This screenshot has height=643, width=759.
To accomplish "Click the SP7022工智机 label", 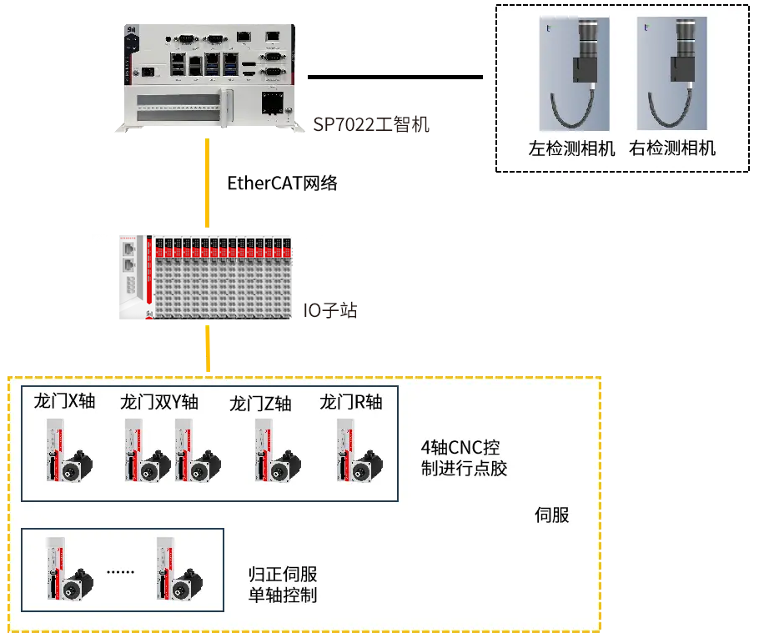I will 371,125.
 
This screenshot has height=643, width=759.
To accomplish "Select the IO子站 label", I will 331,311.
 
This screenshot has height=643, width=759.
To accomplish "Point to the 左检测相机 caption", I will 572,149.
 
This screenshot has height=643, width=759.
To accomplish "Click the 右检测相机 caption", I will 672,149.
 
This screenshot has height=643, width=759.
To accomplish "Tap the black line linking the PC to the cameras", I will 395,78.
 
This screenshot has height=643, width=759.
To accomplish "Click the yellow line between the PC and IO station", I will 208,183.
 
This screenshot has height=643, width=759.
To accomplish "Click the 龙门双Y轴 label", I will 159,402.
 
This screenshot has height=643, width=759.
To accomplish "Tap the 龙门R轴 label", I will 350,402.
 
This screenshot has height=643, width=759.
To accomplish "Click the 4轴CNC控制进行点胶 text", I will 464,457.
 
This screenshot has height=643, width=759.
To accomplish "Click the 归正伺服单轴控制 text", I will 283,585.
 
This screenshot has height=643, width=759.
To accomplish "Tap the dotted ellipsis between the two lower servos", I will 121,573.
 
